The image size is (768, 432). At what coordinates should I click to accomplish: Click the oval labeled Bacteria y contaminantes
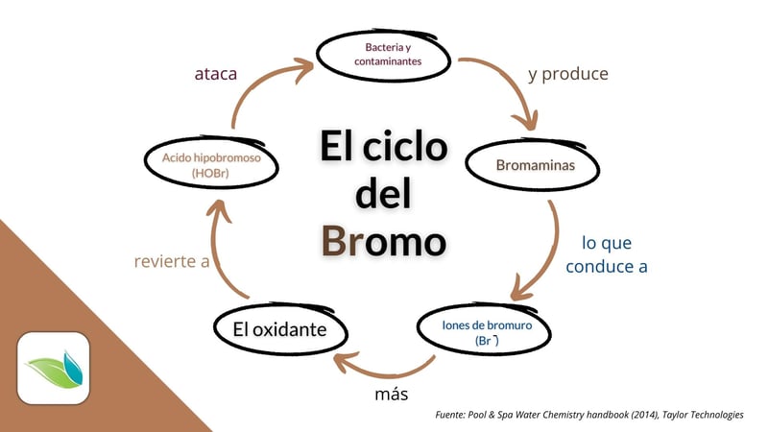[381, 55]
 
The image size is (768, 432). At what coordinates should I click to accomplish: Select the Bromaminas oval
[535, 165]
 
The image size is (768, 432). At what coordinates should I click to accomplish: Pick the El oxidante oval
[279, 330]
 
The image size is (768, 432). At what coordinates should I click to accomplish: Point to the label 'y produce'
[568, 73]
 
